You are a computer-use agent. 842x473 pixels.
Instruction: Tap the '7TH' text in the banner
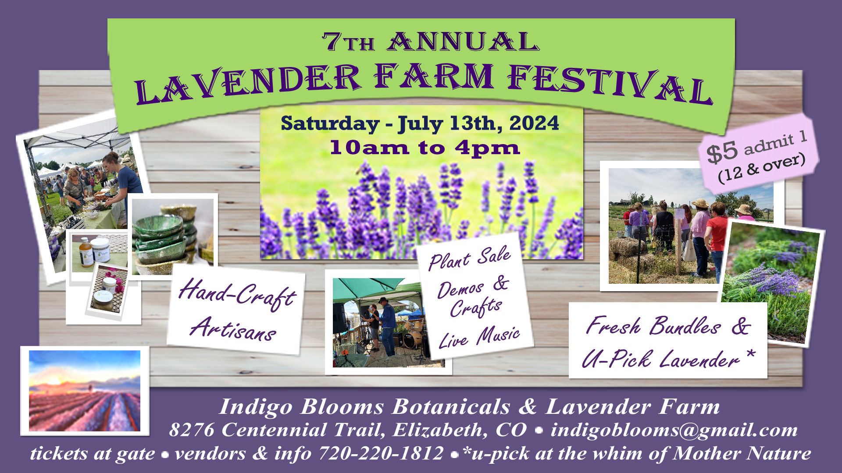(x=349, y=42)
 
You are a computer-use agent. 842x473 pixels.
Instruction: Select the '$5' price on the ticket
(x=722, y=152)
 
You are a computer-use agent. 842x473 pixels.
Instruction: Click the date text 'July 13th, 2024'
(x=478, y=124)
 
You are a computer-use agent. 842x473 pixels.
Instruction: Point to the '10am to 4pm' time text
(x=425, y=148)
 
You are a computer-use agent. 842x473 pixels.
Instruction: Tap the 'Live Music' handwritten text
(x=479, y=337)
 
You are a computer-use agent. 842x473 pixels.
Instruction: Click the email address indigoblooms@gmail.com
(x=674, y=430)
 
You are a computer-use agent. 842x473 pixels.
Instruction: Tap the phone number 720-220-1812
(x=381, y=453)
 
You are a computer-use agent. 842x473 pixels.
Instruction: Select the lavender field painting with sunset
(x=85, y=391)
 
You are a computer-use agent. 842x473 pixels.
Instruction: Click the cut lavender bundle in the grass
(x=772, y=280)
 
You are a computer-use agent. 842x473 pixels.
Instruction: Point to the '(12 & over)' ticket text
(x=762, y=167)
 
